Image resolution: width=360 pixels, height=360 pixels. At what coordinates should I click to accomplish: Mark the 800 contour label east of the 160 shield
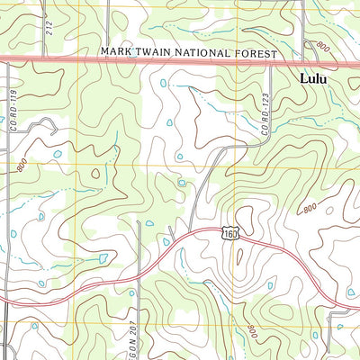coord(310,209)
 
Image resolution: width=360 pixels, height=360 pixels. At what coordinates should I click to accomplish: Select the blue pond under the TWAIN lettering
coord(162,83)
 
